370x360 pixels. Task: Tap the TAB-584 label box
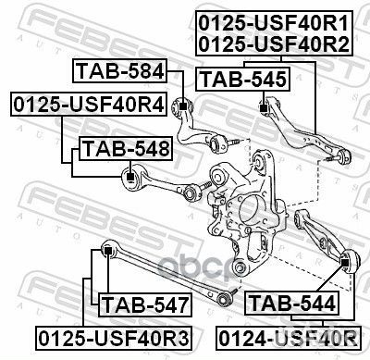pyautogui.click(x=119, y=71)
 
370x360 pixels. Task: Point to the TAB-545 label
pyautogui.click(x=244, y=80)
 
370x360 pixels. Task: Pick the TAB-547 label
pyautogui.click(x=144, y=303)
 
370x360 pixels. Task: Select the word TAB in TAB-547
pyautogui.click(x=120, y=303)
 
